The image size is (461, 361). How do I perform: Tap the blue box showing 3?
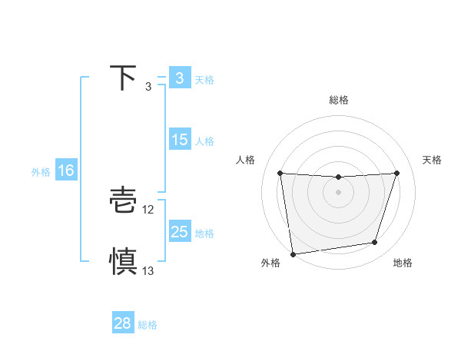179,78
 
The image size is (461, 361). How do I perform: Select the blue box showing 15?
179,140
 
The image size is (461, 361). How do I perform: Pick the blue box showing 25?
179,232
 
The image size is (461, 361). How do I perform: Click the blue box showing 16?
66,171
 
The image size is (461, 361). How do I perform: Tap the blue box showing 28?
123,323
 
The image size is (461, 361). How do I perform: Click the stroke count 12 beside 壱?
149,210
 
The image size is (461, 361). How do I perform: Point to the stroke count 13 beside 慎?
148,271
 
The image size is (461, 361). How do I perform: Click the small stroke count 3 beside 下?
148,87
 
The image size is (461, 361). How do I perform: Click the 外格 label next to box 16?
41,172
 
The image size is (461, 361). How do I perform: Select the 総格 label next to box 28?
148,325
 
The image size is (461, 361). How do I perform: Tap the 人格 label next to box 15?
204,141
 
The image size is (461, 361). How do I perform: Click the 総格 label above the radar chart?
338,100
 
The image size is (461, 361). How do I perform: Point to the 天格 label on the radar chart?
433,160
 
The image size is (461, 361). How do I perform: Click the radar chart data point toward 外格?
293,253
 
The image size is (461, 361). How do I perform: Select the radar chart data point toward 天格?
396,173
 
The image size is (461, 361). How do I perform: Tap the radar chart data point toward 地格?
375,243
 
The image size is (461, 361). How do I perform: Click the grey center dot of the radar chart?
338,192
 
